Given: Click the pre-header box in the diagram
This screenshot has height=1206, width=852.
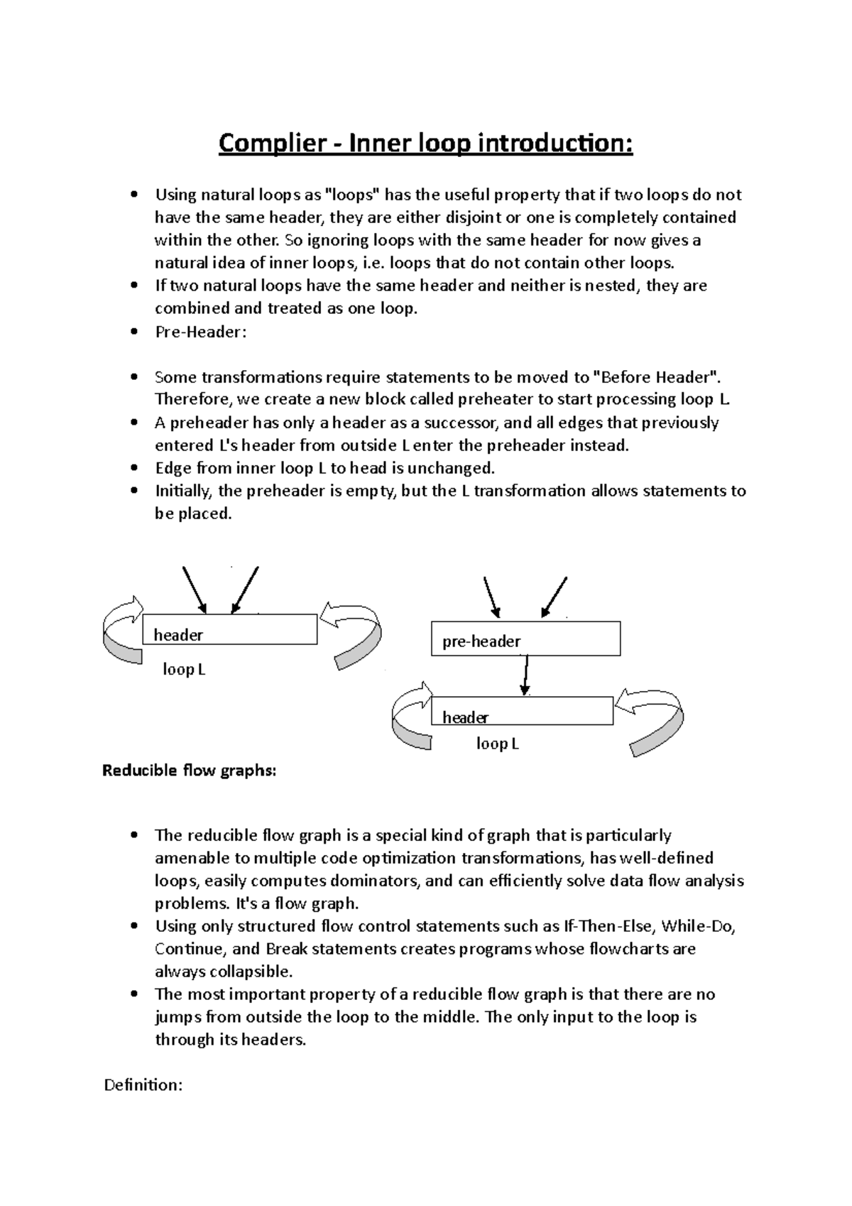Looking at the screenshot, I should (x=525, y=639).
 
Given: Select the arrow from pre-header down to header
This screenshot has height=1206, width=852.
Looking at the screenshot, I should (x=525, y=675).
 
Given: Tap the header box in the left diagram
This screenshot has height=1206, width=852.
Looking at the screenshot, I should (x=229, y=629).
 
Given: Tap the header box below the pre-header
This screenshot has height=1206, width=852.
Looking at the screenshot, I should (x=522, y=711).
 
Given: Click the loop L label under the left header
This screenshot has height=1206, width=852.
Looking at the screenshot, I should (x=184, y=669).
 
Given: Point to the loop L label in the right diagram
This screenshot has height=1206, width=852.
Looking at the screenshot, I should (x=497, y=744).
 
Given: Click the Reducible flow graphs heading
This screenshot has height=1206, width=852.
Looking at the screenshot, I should (x=189, y=771).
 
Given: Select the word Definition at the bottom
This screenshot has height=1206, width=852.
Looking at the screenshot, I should (x=143, y=1085).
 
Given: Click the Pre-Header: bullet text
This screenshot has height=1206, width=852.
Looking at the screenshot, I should (x=200, y=332).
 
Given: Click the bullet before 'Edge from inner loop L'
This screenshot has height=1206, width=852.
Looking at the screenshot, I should (x=133, y=468).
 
